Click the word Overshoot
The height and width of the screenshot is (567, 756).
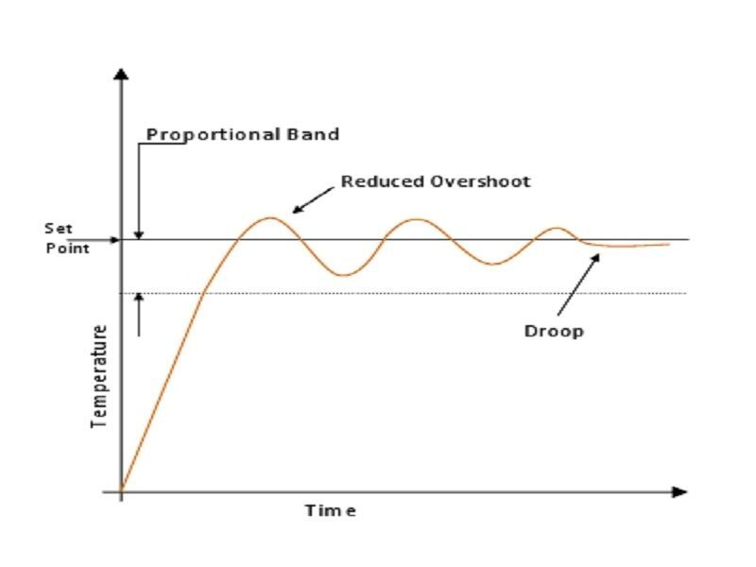[x=479, y=180]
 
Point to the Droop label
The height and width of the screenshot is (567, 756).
[x=554, y=331]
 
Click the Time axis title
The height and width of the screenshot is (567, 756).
[x=330, y=510]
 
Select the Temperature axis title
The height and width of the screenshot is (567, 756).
[x=99, y=376]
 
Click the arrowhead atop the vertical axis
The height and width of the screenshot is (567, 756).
[x=120, y=74]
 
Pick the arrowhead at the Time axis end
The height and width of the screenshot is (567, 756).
[x=679, y=491]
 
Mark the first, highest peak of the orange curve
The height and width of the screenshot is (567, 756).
[x=271, y=217]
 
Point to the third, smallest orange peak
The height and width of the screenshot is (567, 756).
[x=558, y=228]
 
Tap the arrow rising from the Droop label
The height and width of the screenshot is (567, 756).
[x=578, y=283]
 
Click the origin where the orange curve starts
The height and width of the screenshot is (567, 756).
[x=121, y=491]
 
